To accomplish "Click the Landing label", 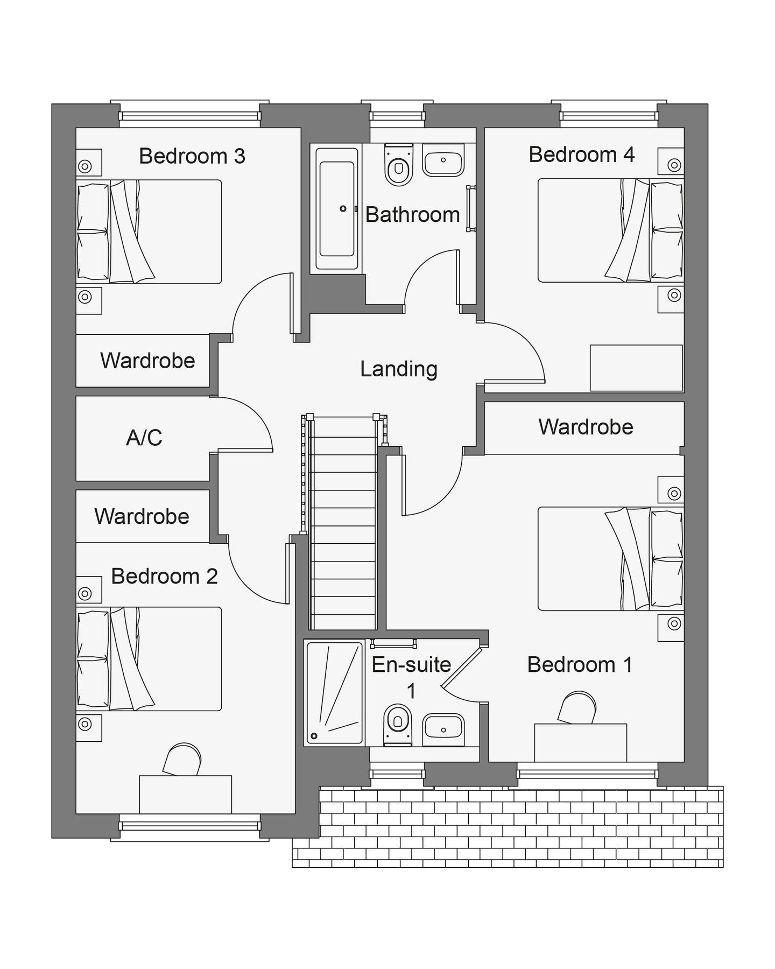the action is tap(399, 369).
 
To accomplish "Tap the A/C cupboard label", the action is tap(144, 438).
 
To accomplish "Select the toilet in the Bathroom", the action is tap(399, 165).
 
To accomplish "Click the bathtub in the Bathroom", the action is tap(337, 209).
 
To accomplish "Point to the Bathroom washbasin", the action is tap(443, 159).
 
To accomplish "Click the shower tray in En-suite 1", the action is tap(335, 693).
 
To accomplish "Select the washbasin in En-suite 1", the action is tap(443, 729).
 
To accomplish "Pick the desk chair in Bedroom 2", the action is tap(182, 760).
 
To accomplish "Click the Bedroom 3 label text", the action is tap(192, 156).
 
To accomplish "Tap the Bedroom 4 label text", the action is tap(582, 155).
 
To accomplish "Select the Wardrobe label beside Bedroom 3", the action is tap(147, 361).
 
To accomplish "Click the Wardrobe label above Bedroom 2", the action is tap(142, 517).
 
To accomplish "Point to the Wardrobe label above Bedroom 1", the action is tap(586, 427).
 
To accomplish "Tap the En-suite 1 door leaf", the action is tap(461, 668).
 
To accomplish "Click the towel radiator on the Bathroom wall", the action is tap(471, 209).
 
